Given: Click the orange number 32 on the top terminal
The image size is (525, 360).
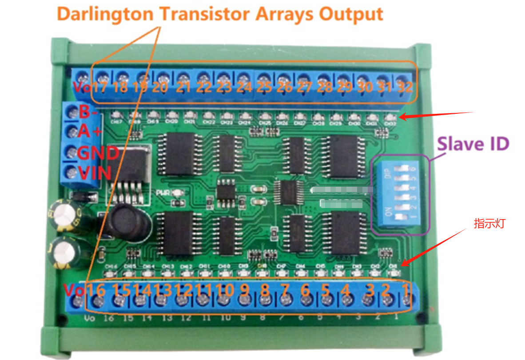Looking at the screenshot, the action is click(405, 87).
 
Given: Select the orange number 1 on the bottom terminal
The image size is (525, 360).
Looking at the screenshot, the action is click(406, 291).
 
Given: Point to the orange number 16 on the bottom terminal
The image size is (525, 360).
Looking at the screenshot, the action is click(95, 291).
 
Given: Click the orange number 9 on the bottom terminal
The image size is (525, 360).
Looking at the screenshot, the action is click(244, 291).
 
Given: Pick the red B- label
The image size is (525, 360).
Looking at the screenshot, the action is click(88, 112).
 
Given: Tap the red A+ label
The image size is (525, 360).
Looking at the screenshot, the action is click(91, 132).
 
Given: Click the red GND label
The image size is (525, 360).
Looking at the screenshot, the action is click(98, 153).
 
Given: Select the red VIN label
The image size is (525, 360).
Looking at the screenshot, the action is click(94, 173).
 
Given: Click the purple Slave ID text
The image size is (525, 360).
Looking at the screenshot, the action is click(473, 144).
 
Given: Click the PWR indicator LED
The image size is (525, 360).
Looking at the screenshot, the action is click(177, 193).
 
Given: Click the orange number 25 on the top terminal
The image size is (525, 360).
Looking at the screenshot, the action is click(264, 87).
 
